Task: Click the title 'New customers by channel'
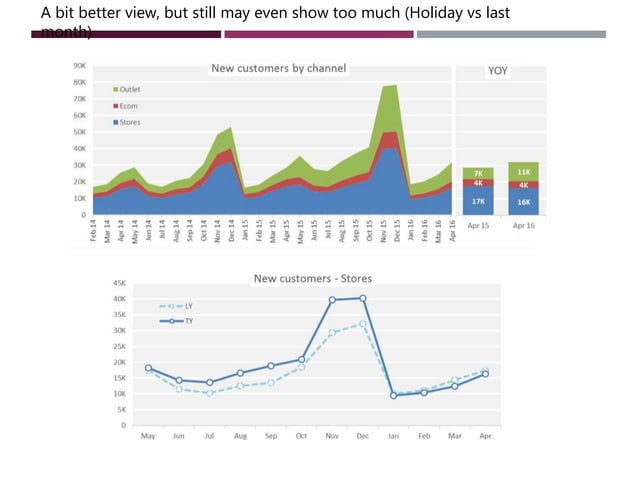coord(277,69)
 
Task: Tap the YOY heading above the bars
coord(498,71)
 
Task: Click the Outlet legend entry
coord(127,89)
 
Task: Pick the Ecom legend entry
coord(126,105)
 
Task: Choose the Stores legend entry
coord(127,122)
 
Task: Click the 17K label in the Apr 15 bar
coord(478,201)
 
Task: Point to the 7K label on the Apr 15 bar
coord(478,174)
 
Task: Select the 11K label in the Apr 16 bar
coord(524,171)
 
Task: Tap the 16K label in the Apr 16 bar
coord(524,201)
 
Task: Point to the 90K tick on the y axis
coord(78,65)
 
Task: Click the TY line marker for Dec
coord(362,298)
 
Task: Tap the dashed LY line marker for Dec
coord(362,324)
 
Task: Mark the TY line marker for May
coord(148,368)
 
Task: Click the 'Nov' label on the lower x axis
coord(332,436)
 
